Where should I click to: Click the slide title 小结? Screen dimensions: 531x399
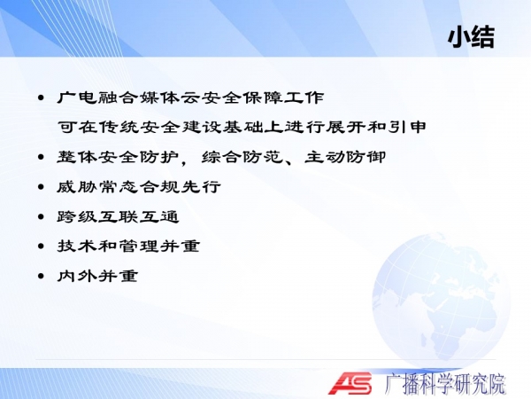471,36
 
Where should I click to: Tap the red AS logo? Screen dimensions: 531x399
350,383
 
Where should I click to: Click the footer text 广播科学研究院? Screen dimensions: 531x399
445,384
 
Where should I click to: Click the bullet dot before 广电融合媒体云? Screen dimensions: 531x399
41,98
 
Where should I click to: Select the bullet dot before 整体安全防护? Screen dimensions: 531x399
41,158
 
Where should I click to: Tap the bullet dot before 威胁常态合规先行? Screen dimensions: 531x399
41,187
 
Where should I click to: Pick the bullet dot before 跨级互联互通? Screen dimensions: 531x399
41,217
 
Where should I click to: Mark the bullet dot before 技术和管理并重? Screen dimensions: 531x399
41,246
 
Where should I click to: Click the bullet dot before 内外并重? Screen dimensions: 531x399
41,276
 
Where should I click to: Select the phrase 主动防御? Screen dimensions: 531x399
345,157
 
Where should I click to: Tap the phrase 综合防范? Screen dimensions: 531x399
242,157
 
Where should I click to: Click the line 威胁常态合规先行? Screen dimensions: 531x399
139,187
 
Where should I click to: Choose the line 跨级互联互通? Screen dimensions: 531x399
118,217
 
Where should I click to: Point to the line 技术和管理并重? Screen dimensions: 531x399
128,246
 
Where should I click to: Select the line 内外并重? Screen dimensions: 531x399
97,276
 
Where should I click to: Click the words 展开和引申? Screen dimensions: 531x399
376,127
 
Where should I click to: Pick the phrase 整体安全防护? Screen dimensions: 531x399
118,157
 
